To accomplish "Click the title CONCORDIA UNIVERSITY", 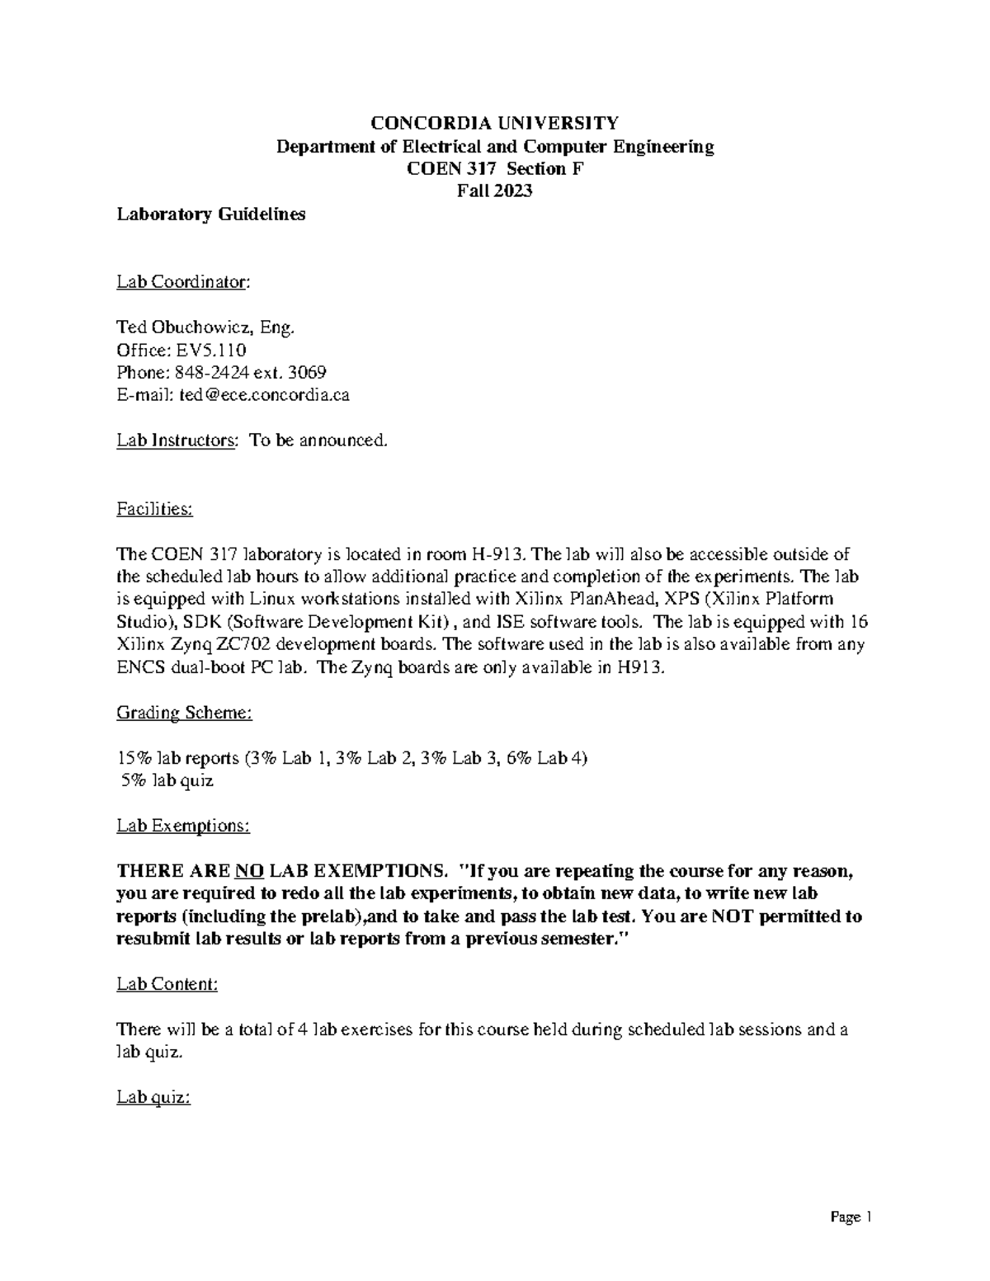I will coord(494,124).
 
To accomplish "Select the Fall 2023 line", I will coord(494,191).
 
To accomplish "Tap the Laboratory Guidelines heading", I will coord(211,214).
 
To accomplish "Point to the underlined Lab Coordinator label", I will coord(182,282).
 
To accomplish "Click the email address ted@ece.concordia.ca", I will coord(264,395).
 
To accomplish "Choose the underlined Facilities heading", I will coord(154,509).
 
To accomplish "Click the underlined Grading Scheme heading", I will coord(184,713).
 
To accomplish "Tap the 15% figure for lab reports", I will coord(131,758).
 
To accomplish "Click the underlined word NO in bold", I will coord(249,871).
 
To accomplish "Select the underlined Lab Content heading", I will coord(167,984).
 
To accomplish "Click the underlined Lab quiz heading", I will coord(153,1097).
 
